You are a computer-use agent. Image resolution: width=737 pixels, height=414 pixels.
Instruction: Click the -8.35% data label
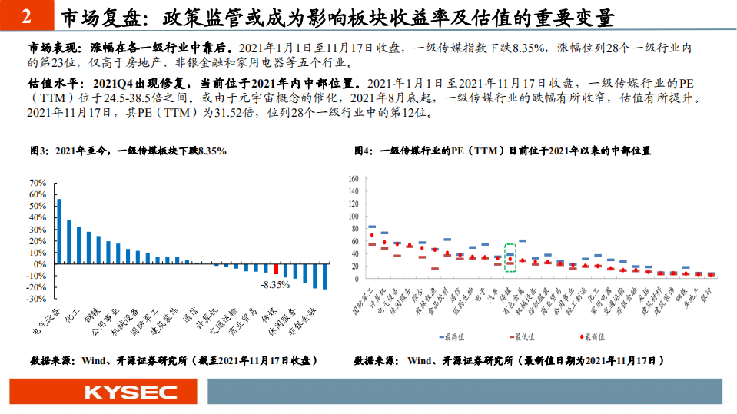click(x=274, y=284)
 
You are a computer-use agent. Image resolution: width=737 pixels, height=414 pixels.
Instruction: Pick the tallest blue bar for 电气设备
click(x=59, y=231)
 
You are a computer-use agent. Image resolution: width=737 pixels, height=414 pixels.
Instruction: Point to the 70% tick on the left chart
click(x=38, y=184)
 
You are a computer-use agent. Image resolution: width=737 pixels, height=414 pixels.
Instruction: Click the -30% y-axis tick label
click(x=35, y=299)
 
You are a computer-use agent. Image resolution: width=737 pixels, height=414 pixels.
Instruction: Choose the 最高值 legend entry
click(x=453, y=336)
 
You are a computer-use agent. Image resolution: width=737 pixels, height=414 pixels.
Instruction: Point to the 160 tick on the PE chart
click(x=354, y=179)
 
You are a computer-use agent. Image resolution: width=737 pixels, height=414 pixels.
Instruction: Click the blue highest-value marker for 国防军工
click(x=372, y=227)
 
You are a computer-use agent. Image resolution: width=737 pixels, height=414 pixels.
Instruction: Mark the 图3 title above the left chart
click(x=128, y=151)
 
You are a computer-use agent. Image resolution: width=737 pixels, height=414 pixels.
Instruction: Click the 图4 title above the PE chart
click(x=503, y=151)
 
